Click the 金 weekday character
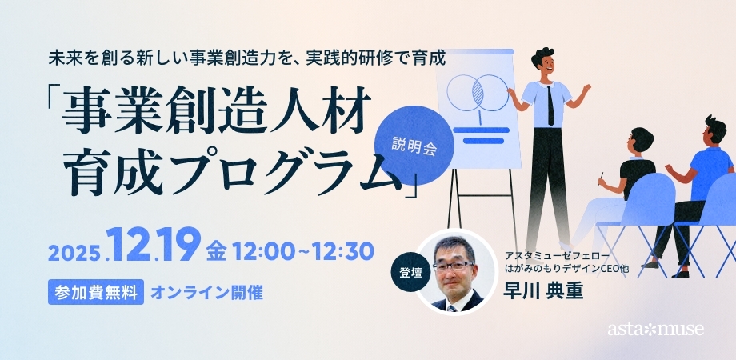coord(216,251)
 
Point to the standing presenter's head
coord(545,63)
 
